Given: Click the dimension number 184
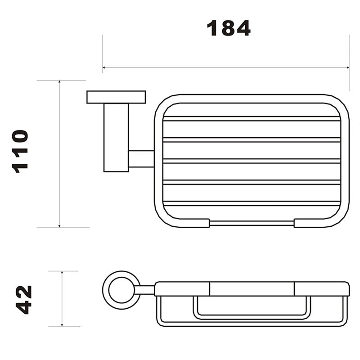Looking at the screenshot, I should click(228, 28).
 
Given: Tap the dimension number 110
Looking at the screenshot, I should click(20, 151).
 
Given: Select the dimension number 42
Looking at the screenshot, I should click(23, 299).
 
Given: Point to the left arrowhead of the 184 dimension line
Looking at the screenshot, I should click(105, 68).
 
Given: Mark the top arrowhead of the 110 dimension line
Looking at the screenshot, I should click(59, 83).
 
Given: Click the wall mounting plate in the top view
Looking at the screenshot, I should click(116, 97).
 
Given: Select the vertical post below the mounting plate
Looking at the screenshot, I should click(116, 137).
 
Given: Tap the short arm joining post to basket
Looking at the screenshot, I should click(141, 159).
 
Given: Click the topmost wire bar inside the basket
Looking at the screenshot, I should click(252, 119).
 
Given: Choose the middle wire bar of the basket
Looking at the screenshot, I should click(252, 161).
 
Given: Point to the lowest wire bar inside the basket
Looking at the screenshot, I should click(252, 203).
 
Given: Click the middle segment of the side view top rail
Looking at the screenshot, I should click(252, 288).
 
